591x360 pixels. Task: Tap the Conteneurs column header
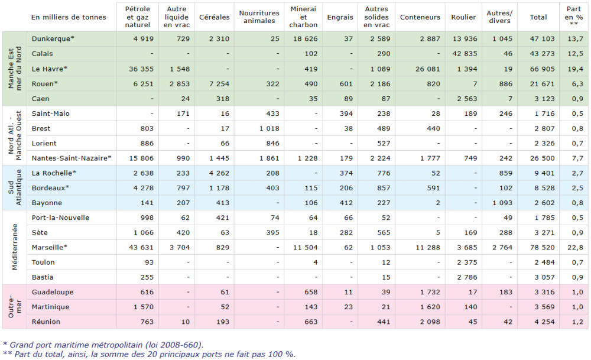(420, 17)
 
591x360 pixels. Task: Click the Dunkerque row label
(53, 38)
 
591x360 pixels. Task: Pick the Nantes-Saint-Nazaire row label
(72, 158)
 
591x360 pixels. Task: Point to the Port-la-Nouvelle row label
(60, 218)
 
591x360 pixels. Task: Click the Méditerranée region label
(16, 247)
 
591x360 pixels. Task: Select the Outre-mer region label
(15, 307)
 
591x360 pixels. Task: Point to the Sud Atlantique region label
(15, 188)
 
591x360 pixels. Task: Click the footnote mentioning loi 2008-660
(103, 345)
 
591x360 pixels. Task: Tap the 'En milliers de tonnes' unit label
(69, 17)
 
